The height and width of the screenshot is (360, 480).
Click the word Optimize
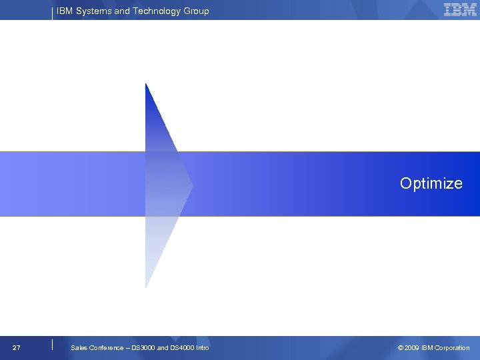pyautogui.click(x=431, y=183)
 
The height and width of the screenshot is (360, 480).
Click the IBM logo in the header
pyautogui.click(x=460, y=10)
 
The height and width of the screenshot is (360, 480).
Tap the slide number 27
pyautogui.click(x=17, y=348)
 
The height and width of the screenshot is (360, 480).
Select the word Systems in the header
pyautogui.click(x=93, y=11)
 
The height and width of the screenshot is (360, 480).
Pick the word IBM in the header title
pyautogui.click(x=65, y=11)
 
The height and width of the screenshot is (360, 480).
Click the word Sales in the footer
pyautogui.click(x=79, y=348)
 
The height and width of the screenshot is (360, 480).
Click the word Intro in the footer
pyautogui.click(x=203, y=348)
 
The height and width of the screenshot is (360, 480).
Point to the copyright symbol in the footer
pyautogui.click(x=400, y=348)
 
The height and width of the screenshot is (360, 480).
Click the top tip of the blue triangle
pyautogui.click(x=146, y=84)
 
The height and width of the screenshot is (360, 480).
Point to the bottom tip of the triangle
pyautogui.click(x=146, y=287)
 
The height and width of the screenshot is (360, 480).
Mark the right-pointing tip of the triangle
pyautogui.click(x=192, y=185)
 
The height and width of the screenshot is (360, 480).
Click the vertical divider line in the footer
pyautogui.click(x=52, y=345)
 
